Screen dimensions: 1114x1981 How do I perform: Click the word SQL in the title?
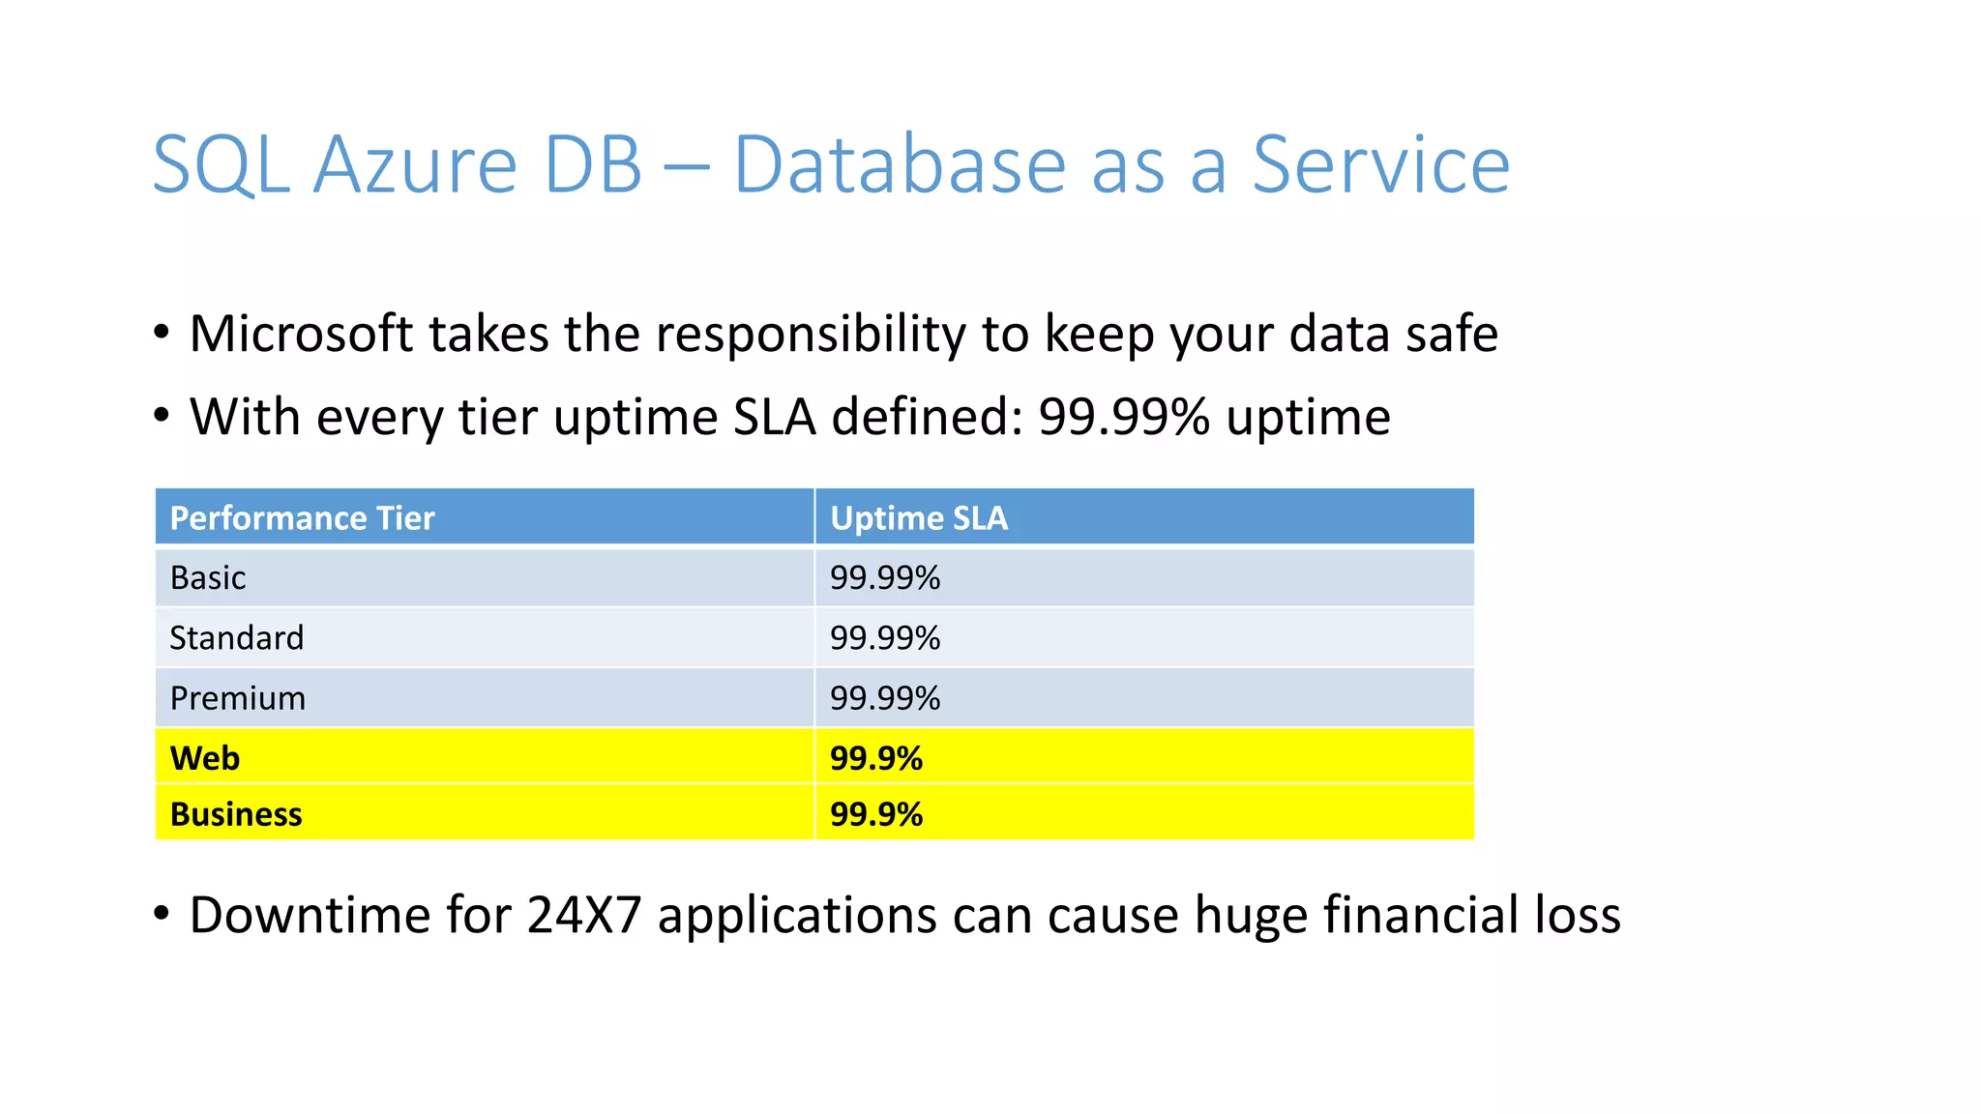click(221, 165)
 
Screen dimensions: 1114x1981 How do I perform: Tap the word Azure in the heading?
click(416, 165)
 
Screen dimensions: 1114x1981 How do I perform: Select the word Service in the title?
click(1380, 165)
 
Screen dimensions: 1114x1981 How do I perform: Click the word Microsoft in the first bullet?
click(301, 334)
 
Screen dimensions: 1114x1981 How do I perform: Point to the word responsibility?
click(811, 335)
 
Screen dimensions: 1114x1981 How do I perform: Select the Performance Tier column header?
click(302, 518)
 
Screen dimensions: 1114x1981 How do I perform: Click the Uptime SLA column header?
click(919, 518)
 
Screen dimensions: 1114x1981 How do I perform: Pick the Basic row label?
click(208, 578)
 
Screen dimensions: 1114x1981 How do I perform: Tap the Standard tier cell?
click(237, 638)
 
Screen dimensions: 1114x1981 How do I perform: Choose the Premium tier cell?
click(238, 698)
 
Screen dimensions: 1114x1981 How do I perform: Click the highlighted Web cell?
click(205, 758)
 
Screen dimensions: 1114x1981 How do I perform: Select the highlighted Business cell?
click(236, 814)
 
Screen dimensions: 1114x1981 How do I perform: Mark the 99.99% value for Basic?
click(885, 578)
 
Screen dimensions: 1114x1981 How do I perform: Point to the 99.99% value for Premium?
click(885, 698)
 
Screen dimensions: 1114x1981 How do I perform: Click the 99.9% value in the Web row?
click(876, 758)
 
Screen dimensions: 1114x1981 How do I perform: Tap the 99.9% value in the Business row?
click(876, 814)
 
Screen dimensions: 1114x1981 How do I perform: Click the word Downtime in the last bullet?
click(310, 915)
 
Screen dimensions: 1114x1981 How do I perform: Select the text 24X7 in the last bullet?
click(584, 915)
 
